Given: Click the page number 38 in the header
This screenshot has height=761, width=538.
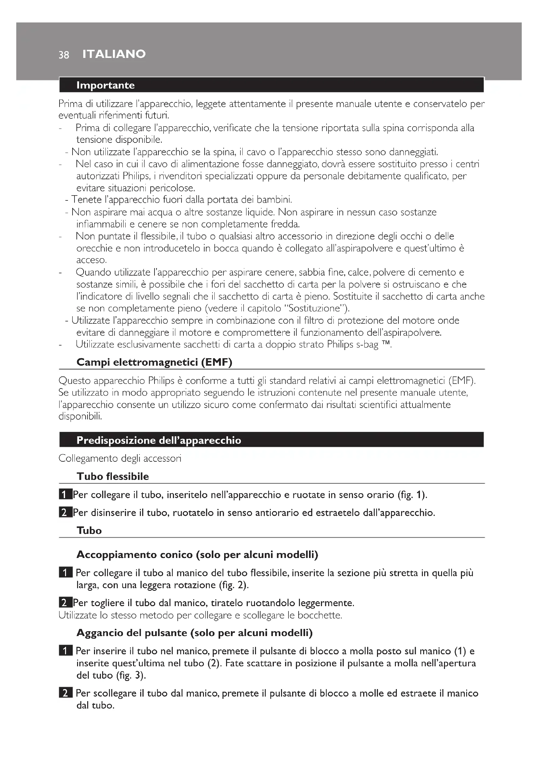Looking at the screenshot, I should [x=64, y=55].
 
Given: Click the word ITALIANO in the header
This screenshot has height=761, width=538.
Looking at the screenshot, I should [x=114, y=54].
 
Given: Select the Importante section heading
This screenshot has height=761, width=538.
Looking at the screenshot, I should [x=105, y=85].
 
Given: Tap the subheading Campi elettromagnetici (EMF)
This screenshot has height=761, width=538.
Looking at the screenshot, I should [x=154, y=362].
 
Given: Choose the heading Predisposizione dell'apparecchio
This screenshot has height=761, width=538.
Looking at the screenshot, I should [x=159, y=440].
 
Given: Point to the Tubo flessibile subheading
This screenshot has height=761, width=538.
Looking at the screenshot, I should [x=113, y=476].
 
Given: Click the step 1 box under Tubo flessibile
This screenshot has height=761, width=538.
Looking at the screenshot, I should [x=65, y=495].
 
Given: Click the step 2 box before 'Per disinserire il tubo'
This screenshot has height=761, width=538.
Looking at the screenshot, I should [x=65, y=513].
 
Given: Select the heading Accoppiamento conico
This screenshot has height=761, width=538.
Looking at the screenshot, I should [x=197, y=554].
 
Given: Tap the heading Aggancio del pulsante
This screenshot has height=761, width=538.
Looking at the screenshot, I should [x=195, y=633].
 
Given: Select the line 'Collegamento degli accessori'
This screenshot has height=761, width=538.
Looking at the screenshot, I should [x=120, y=458].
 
